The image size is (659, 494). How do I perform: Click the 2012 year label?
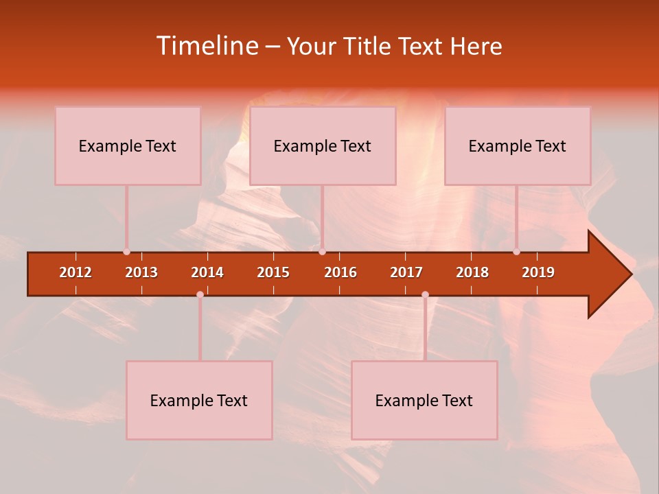[x=76, y=272]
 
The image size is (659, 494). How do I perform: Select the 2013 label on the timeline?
[x=141, y=272]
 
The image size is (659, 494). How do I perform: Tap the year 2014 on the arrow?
[x=207, y=272]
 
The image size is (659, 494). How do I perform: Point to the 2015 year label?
[x=273, y=272]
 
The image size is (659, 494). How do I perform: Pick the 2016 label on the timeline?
[x=340, y=272]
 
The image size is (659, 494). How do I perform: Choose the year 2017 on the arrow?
[x=406, y=272]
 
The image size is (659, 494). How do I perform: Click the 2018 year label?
[x=472, y=272]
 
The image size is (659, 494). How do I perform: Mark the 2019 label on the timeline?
[x=538, y=272]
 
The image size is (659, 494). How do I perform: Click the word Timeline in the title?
[x=206, y=46]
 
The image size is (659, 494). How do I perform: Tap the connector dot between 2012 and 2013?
[x=126, y=252]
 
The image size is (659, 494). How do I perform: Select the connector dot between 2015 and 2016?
[x=322, y=252]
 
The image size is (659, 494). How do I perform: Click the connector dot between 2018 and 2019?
[x=516, y=252]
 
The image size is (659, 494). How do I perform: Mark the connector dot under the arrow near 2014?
[x=200, y=295]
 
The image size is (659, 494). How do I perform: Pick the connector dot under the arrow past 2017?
[x=425, y=295]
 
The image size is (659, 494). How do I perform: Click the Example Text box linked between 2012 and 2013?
[x=128, y=146]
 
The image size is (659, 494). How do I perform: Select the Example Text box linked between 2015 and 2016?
[x=323, y=146]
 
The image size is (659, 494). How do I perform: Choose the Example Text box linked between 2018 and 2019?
[x=518, y=146]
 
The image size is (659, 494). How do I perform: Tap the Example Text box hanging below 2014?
[x=199, y=401]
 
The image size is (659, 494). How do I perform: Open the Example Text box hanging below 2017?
[x=424, y=401]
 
